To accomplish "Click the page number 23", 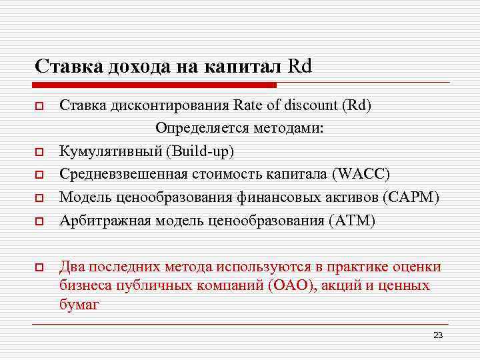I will (x=437, y=335).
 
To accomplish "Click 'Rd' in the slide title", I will (x=301, y=66).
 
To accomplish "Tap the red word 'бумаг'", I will (x=79, y=305).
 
